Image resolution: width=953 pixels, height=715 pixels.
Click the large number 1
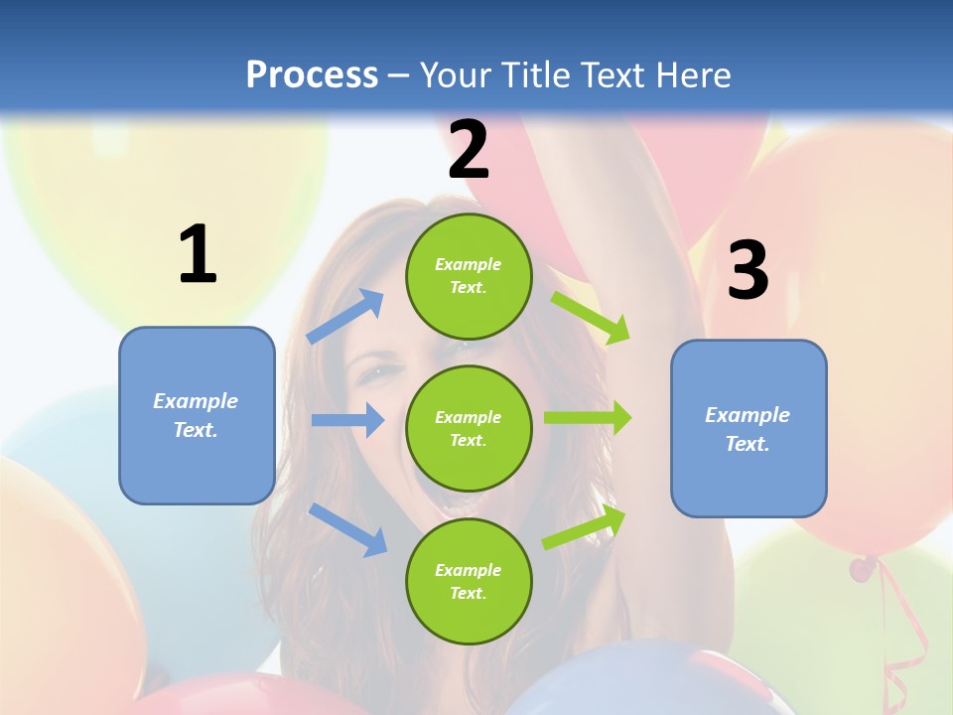pyautogui.click(x=198, y=255)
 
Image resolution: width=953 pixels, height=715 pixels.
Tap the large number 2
pyautogui.click(x=469, y=150)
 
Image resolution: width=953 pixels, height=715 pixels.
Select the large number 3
pyautogui.click(x=748, y=271)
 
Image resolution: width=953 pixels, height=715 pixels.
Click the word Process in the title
pyautogui.click(x=312, y=74)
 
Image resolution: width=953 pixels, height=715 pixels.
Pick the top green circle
pyautogui.click(x=469, y=276)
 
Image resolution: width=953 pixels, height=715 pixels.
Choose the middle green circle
pyautogui.click(x=469, y=428)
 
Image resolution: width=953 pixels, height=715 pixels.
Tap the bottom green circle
pyautogui.click(x=469, y=581)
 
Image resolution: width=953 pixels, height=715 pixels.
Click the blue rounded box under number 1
pyautogui.click(x=197, y=415)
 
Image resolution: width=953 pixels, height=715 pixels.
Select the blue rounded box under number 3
pyautogui.click(x=749, y=428)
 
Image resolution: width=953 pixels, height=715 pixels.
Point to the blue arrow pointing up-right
pyautogui.click(x=345, y=317)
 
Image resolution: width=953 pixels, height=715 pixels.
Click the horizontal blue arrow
pyautogui.click(x=347, y=420)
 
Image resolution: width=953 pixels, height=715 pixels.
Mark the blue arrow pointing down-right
pyautogui.click(x=347, y=528)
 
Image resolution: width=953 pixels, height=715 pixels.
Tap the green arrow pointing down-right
pyautogui.click(x=591, y=317)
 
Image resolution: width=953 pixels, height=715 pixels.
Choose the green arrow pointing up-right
pyautogui.click(x=585, y=526)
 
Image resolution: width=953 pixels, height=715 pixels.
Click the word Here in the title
pyautogui.click(x=695, y=74)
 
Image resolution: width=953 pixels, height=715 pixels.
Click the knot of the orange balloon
pyautogui.click(x=862, y=568)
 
